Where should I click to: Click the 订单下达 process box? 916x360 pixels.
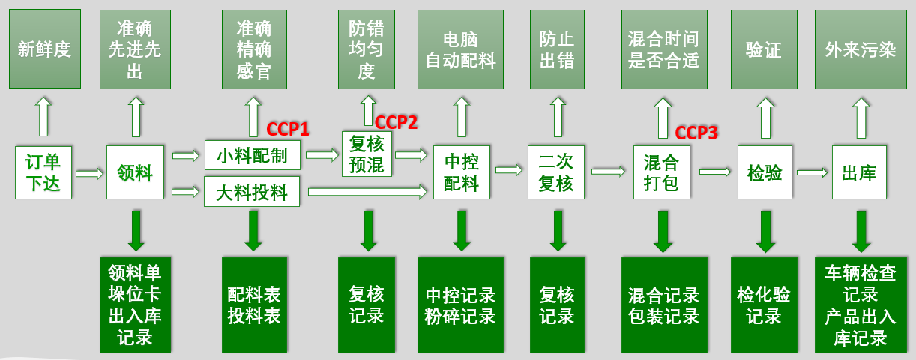click(x=43, y=172)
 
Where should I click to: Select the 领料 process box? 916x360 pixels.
click(x=135, y=172)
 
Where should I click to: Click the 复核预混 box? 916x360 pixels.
click(x=367, y=154)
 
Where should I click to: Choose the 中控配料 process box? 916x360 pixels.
click(x=461, y=172)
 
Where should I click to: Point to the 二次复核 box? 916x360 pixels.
click(x=555, y=172)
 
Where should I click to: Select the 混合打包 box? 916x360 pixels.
click(x=662, y=172)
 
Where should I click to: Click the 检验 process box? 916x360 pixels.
click(x=764, y=173)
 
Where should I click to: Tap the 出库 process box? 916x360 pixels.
click(x=859, y=173)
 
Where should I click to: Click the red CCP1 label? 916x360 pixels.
click(x=288, y=130)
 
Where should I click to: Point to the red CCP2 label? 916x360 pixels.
click(x=396, y=122)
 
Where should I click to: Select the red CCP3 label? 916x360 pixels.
click(x=696, y=133)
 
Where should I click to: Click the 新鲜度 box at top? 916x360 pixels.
click(x=44, y=49)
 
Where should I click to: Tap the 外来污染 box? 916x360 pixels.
click(x=860, y=49)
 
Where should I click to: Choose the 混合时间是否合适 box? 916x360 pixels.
click(x=663, y=49)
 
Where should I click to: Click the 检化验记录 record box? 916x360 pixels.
click(x=764, y=304)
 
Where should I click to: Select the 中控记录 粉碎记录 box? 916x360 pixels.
click(x=460, y=304)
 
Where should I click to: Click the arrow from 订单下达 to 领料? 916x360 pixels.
click(x=89, y=174)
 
